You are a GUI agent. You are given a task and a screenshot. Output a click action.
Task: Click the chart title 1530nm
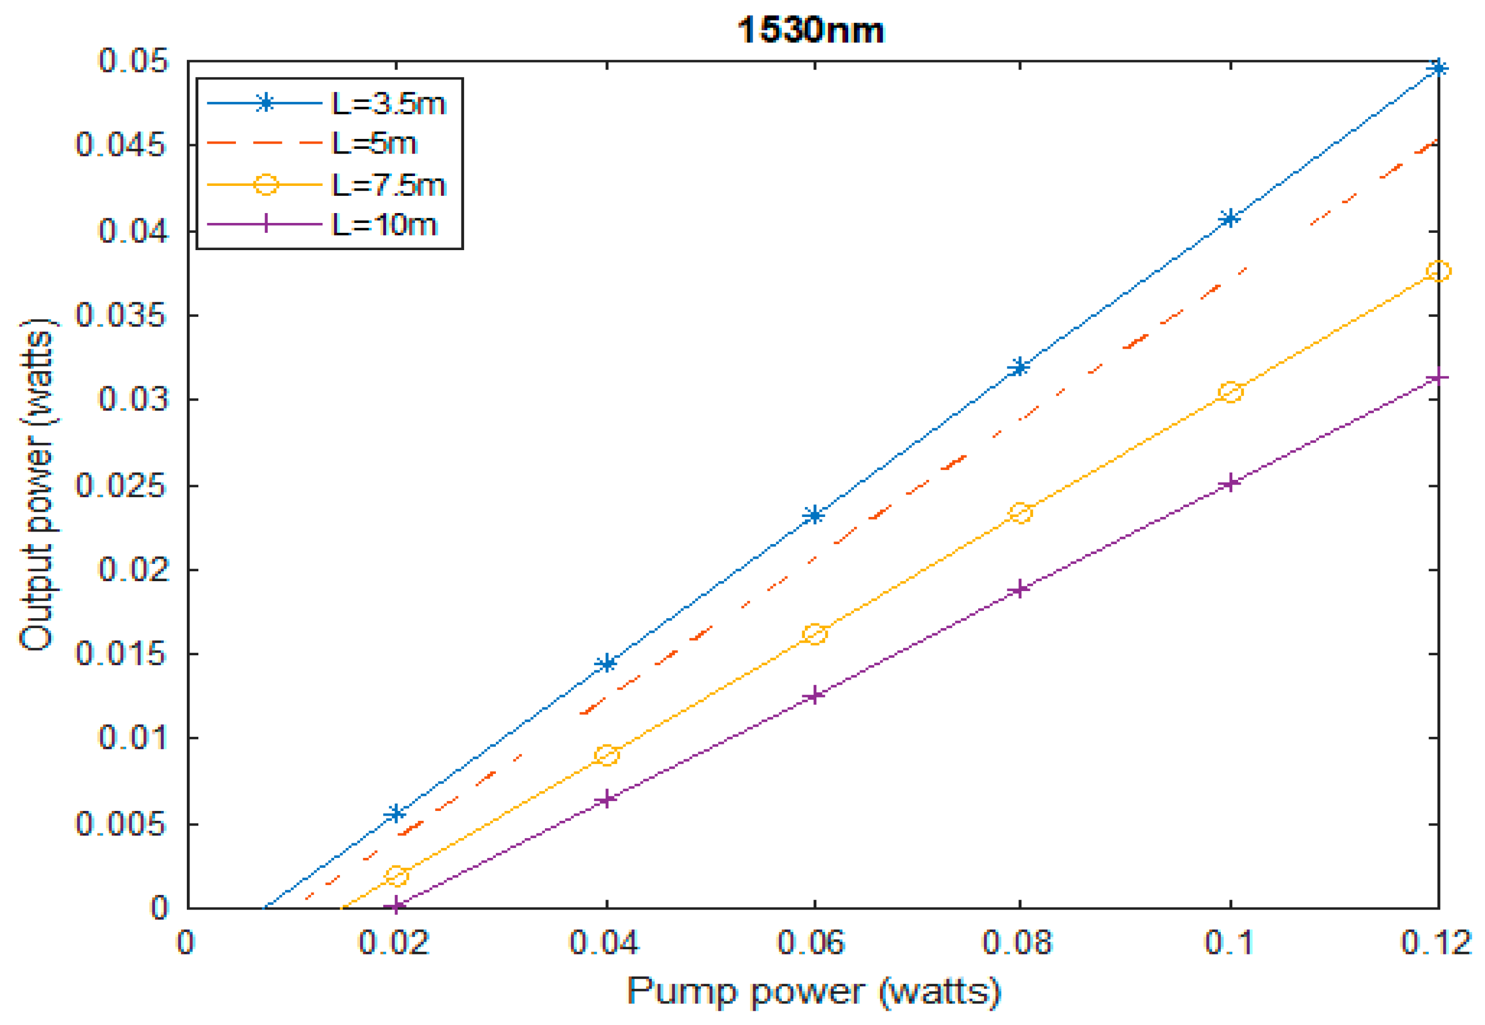(x=810, y=30)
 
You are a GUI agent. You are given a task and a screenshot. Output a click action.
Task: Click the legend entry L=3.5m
(x=388, y=103)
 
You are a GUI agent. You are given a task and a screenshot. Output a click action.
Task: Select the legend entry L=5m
(x=374, y=143)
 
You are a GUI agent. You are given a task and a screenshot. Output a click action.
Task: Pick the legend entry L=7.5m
(x=388, y=185)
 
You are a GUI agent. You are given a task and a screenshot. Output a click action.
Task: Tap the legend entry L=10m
(x=383, y=225)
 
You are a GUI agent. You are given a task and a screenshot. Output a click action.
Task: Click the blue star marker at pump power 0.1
(x=1229, y=219)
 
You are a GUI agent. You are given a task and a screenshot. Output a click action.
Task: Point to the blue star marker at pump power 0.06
(x=814, y=515)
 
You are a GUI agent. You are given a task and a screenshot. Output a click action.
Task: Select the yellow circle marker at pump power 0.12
(x=1438, y=271)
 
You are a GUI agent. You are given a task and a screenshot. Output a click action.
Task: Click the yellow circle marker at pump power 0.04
(x=607, y=755)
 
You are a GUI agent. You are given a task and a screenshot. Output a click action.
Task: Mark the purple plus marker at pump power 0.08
(x=1019, y=589)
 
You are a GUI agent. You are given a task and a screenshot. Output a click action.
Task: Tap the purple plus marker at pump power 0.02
(x=397, y=906)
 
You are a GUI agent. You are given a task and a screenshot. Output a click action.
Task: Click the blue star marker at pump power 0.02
(x=397, y=814)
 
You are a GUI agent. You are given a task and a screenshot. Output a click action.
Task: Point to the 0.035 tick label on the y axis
(x=121, y=315)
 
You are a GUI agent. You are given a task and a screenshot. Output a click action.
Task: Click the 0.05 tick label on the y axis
(x=133, y=61)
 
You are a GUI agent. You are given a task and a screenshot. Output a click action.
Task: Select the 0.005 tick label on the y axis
(x=121, y=823)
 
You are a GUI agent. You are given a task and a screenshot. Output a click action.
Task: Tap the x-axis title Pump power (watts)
(x=813, y=991)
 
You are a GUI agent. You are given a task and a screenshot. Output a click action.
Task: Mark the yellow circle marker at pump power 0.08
(x=1020, y=513)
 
